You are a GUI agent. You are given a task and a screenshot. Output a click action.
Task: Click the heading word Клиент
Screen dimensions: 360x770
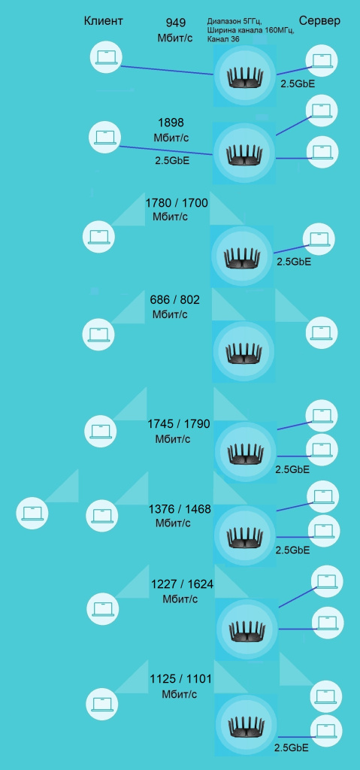103,20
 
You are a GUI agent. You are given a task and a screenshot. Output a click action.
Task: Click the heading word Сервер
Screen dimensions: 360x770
319,20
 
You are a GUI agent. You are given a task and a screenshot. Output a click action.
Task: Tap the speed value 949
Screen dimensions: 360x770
175,23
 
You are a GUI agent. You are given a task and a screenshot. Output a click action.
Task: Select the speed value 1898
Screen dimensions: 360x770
171,123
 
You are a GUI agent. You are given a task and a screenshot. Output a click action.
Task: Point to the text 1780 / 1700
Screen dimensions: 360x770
177,203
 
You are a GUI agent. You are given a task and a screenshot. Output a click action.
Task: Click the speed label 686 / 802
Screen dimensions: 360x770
175,299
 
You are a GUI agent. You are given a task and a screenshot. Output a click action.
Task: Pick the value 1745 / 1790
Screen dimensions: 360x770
179,424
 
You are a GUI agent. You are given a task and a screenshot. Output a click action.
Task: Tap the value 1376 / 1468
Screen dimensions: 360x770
180,509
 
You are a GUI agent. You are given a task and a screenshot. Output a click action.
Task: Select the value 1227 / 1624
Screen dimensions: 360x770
182,584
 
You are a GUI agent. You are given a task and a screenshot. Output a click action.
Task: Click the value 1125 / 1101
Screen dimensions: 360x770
180,679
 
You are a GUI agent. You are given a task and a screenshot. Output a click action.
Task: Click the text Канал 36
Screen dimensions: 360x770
223,39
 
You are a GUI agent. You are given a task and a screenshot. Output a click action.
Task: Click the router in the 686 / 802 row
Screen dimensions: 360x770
244,352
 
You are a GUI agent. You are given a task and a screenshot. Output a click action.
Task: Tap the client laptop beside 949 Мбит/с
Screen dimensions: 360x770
106,57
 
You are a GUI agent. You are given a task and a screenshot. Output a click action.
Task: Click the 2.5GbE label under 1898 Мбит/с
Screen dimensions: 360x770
172,160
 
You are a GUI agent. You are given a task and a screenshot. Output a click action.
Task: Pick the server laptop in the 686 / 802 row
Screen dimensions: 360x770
322,332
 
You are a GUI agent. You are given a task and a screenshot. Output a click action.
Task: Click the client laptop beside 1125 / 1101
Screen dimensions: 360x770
102,703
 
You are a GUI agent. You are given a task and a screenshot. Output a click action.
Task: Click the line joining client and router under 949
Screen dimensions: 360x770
167,70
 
